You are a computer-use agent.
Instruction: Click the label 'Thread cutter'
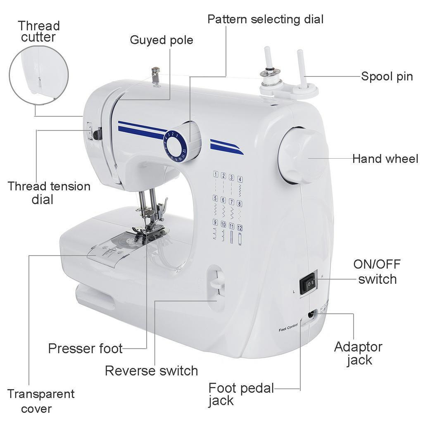coord(38,31)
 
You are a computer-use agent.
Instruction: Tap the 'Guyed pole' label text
coord(161,40)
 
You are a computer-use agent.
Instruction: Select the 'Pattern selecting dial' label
coord(265,19)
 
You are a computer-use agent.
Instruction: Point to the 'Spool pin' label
coord(387,76)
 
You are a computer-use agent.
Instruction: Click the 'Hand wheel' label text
coord(385,159)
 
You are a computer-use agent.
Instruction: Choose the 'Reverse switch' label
coord(151,371)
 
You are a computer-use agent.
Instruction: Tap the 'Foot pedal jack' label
coord(241,394)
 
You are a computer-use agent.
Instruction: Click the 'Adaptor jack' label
coord(358,353)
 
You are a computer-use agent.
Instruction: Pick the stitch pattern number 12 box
coord(240,228)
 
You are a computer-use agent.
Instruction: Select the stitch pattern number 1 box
coord(216,174)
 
